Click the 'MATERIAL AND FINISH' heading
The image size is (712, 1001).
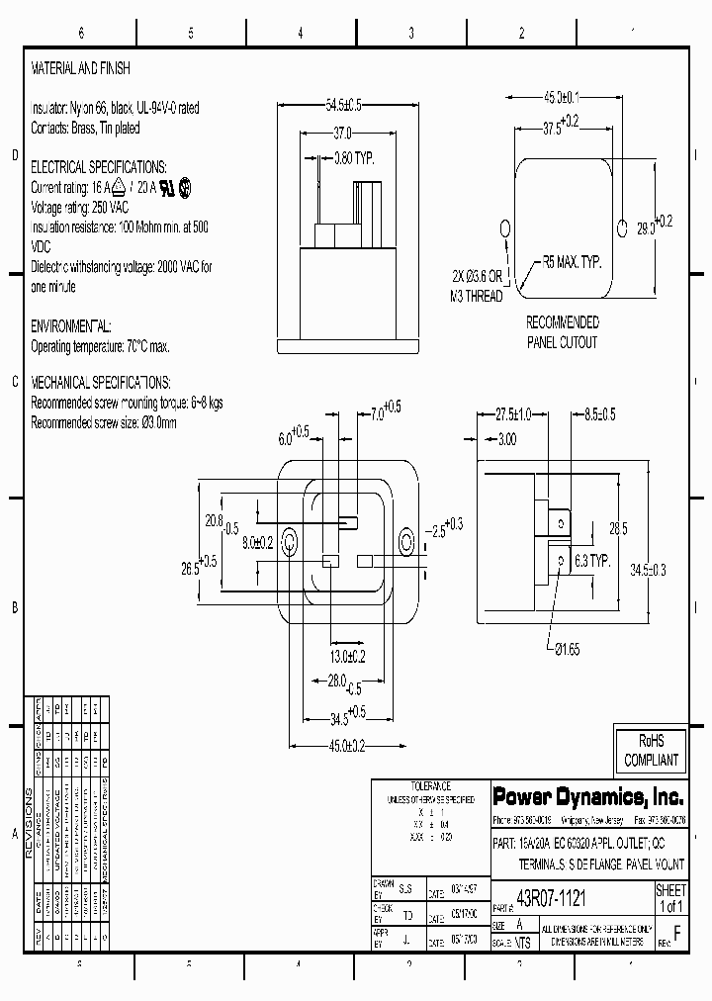81,69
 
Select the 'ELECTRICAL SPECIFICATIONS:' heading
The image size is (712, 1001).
99,167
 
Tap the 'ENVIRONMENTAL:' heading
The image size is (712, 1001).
71,325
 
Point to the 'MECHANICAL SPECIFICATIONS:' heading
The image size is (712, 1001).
101,382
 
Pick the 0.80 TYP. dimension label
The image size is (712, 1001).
353,156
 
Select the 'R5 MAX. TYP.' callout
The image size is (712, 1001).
571,264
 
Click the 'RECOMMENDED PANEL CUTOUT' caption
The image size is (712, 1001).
562,332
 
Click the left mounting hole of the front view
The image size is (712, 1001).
291,541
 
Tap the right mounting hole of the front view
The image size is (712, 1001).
406,541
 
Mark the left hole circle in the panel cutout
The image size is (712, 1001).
504,228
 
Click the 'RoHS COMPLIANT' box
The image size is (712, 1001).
650,750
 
